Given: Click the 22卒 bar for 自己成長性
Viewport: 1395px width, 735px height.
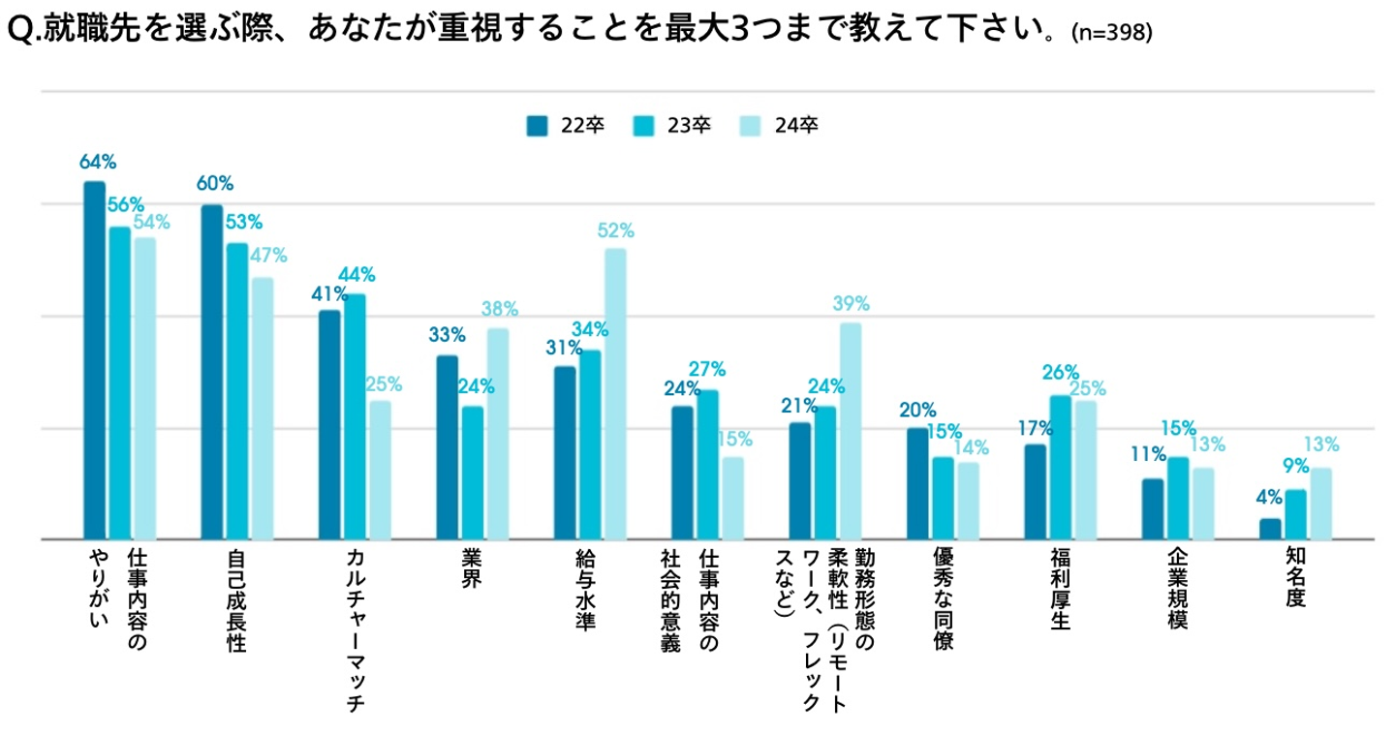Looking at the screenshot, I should click(211, 372).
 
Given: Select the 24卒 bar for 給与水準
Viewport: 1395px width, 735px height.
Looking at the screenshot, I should click(615, 393).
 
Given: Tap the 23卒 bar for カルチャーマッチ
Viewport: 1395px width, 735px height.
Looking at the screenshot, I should click(355, 416).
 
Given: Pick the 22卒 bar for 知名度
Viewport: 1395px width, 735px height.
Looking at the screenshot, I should click(1270, 529).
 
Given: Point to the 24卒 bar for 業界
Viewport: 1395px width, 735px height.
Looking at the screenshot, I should click(498, 433).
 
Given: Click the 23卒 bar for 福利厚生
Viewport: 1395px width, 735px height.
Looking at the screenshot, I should click(1061, 467).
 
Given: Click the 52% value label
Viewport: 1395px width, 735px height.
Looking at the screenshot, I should click(616, 231).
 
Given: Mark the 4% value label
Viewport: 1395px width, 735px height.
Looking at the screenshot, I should click(1269, 498).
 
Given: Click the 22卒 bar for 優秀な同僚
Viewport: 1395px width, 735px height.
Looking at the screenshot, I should click(917, 483).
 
